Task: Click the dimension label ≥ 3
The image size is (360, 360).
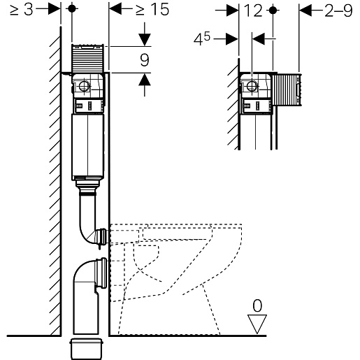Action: pos(22,10)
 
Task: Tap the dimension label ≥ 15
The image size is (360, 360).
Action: pos(152,10)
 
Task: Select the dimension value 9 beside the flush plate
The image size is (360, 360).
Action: pos(145,60)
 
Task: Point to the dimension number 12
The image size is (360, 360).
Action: pos(253,10)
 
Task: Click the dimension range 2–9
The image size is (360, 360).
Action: pos(338,10)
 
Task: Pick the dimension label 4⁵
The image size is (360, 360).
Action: pos(202,39)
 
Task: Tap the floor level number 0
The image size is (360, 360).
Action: pos(257,305)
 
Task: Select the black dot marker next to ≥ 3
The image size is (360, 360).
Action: pos(72,8)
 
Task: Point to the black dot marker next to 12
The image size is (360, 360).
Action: pos(273,10)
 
